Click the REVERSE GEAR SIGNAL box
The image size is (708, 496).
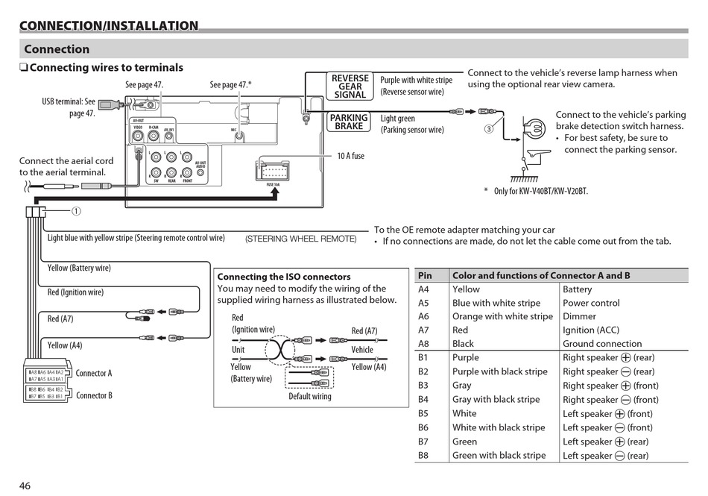point(350,87)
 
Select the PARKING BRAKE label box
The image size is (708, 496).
point(349,122)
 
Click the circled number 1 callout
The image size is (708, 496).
point(75,211)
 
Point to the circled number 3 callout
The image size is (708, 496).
point(489,128)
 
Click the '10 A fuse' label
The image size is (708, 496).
point(350,156)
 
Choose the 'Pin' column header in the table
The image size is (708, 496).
point(425,275)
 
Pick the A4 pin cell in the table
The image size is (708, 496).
point(423,289)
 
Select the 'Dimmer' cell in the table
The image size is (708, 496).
point(579,316)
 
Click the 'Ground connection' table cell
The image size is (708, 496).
point(601,344)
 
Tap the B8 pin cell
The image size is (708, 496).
point(423,455)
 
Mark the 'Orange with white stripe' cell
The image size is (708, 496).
point(502,316)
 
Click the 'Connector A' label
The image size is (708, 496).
point(94,373)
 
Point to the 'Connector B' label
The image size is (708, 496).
point(94,395)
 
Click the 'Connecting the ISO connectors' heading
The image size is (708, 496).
point(284,277)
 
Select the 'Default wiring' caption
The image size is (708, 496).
point(310,396)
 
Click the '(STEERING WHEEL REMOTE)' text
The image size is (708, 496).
point(301,239)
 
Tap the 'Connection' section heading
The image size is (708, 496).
point(57,49)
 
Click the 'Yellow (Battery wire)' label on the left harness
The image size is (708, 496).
point(79,268)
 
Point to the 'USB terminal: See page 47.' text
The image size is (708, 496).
point(69,107)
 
